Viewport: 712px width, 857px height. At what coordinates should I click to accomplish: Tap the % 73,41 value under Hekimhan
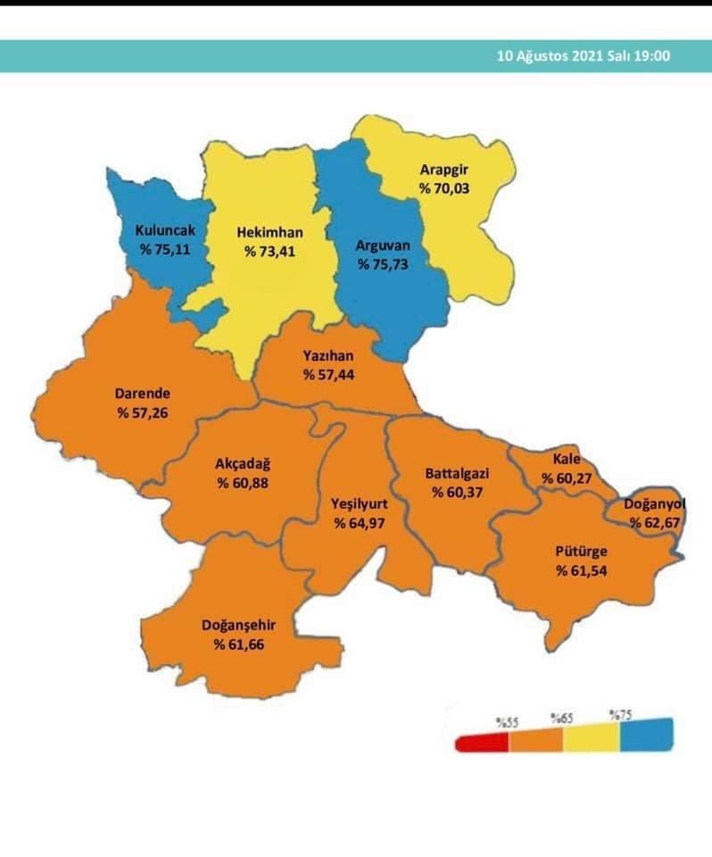click(269, 251)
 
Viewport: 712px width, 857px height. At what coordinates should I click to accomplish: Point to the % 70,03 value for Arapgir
click(443, 188)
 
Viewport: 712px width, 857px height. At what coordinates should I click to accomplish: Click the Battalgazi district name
click(457, 474)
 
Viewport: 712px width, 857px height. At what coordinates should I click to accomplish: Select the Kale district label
click(566, 459)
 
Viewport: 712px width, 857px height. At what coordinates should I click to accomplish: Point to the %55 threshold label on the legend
click(508, 720)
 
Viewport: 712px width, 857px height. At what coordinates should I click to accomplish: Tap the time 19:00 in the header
click(652, 55)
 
